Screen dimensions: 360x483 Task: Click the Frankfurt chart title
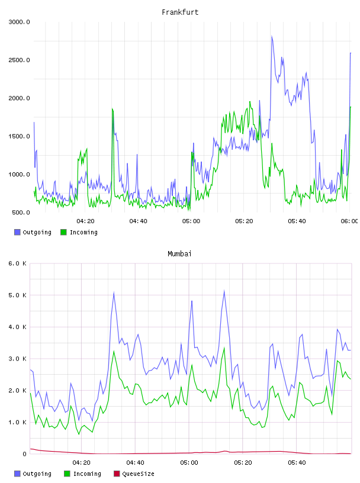[180, 12]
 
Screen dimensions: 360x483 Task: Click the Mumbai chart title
[179, 254]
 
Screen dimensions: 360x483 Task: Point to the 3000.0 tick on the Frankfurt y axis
[19, 22]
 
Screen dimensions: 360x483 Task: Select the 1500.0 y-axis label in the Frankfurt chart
[19, 136]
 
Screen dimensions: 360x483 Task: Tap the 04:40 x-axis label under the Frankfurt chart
[138, 221]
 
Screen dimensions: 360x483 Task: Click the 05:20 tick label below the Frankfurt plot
[244, 221]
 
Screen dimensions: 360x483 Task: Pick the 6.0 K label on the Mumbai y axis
[17, 263]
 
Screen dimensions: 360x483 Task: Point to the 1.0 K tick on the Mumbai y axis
[17, 422]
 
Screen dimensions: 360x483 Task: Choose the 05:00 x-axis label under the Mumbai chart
[189, 462]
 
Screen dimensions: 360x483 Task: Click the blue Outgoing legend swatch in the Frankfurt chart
[17, 232]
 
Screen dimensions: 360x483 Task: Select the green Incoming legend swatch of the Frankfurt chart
[63, 232]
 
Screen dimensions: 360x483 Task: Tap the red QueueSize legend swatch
[117, 474]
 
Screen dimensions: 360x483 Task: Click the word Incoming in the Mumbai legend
[87, 474]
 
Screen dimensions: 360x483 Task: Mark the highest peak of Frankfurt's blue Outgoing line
[272, 36]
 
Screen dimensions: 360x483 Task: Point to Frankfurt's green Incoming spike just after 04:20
[113, 109]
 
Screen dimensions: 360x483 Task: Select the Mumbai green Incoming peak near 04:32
[114, 351]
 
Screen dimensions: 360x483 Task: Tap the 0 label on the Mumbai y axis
[24, 454]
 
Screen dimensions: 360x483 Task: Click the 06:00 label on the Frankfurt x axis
[349, 221]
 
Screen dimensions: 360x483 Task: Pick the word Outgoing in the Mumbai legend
[37, 474]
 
